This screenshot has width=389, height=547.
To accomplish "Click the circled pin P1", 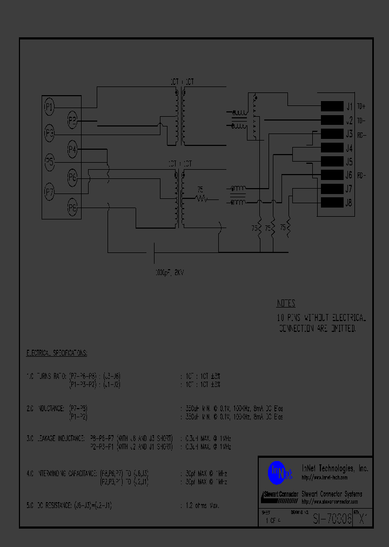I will pos(49,107).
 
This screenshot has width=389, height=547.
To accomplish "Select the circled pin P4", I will pos(72,149).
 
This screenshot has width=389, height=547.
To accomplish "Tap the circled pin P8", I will pos(72,206).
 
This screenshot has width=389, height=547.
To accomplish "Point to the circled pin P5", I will pos(49,161).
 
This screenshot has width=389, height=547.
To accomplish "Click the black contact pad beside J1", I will pos(332,106).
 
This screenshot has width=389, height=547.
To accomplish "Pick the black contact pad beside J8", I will pos(332,203).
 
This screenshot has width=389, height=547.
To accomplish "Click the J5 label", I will pos(349,162).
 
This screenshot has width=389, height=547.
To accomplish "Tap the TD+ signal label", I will pos(361,106).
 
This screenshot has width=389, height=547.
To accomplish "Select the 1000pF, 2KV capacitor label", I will pos(169,273).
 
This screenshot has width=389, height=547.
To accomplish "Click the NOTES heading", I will pos(286,303).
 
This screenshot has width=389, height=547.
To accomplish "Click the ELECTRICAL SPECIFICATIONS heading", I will pos(57,353).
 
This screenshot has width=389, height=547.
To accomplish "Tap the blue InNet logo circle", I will pos(276,472).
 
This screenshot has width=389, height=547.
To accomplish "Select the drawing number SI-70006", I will pos(332,519).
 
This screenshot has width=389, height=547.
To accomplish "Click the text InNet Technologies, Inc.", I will pos(334,469).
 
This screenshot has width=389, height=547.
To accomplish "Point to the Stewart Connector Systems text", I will pos(331,494).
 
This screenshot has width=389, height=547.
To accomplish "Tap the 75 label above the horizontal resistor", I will pos(200,190).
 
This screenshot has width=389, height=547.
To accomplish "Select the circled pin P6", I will pos(72,177).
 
